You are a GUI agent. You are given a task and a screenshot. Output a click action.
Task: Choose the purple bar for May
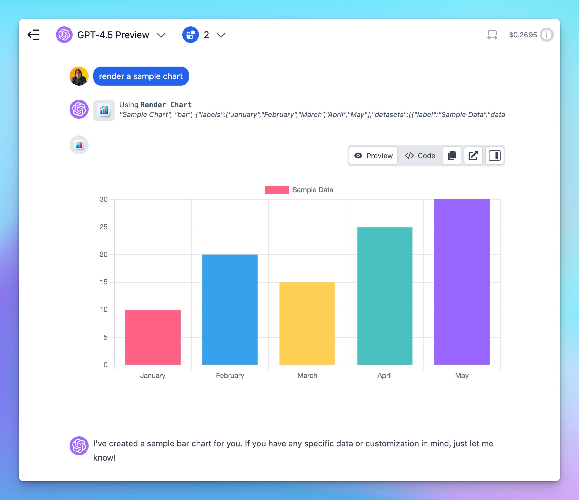[462, 282]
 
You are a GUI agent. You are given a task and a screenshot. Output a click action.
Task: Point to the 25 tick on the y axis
[103, 227]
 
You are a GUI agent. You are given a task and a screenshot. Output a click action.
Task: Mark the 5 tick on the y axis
[105, 337]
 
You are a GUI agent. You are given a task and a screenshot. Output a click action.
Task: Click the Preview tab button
[373, 156]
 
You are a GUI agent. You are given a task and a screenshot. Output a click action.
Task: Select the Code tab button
[420, 156]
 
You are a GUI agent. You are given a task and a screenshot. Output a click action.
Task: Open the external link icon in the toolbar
[473, 156]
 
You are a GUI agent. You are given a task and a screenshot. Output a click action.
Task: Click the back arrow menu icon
[34, 35]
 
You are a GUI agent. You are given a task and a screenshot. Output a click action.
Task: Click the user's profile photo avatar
[79, 76]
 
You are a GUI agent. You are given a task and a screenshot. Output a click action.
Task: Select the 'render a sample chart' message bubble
[141, 76]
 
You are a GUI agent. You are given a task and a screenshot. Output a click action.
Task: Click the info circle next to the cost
[547, 35]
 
